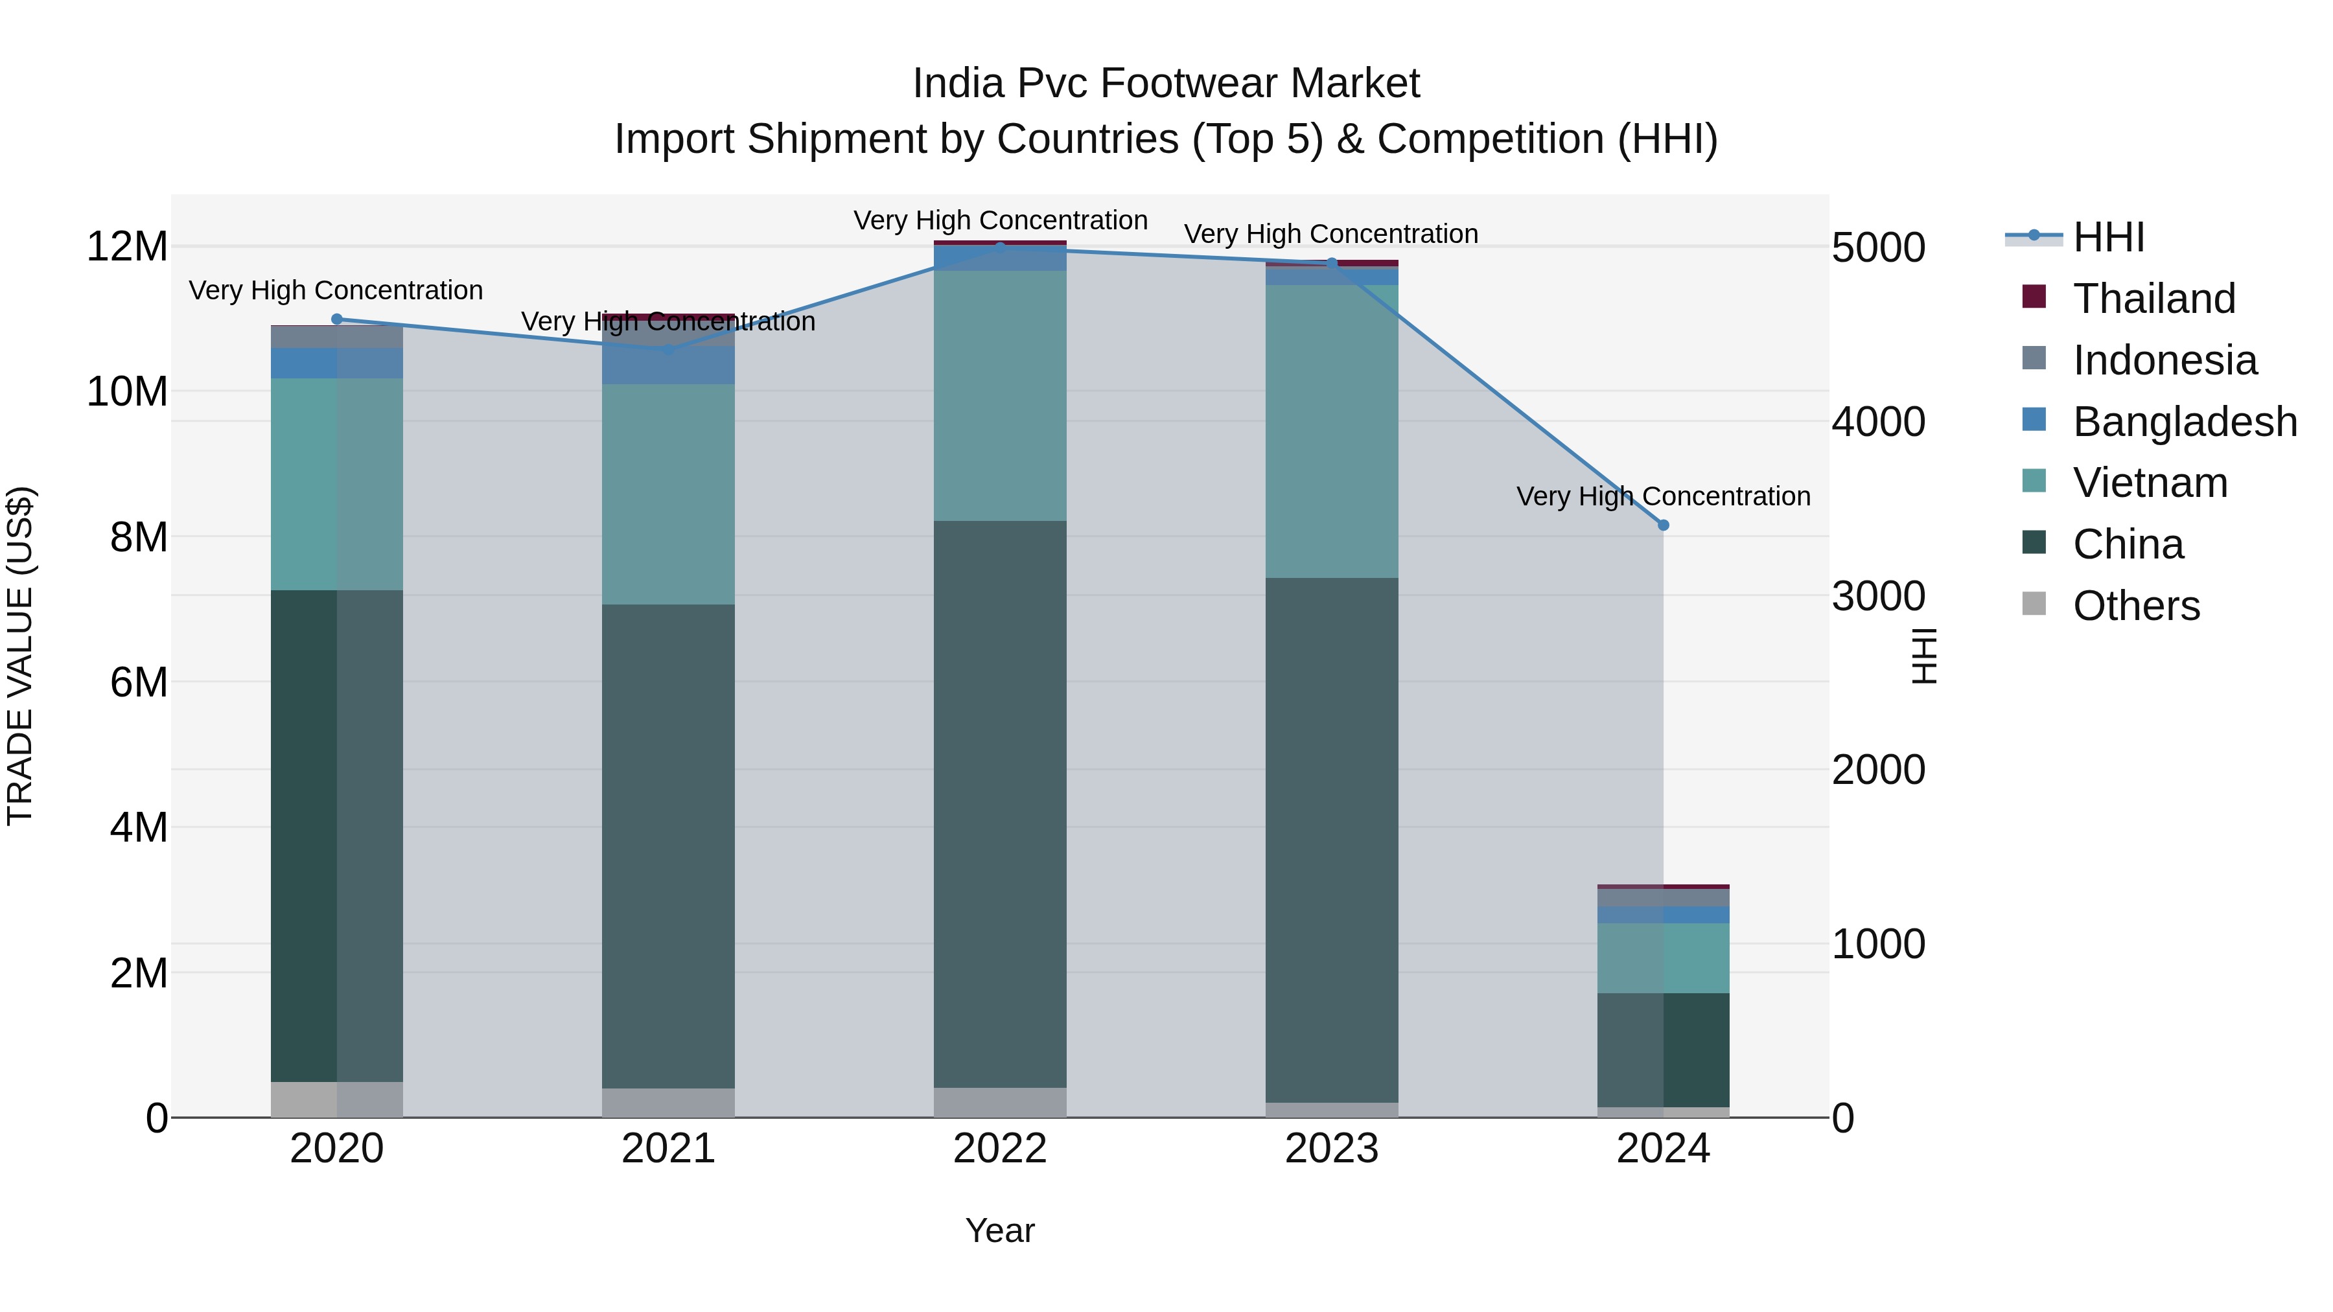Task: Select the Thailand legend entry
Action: [2153, 299]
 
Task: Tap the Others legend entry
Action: [2135, 606]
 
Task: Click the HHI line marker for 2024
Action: [1663, 525]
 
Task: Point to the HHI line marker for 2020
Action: [337, 319]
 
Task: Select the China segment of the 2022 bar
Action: [1000, 804]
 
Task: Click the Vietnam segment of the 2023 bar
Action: [1331, 431]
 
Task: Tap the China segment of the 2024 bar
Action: [1663, 1050]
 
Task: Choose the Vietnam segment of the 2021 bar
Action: [668, 494]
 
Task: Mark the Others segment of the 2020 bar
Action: [337, 1099]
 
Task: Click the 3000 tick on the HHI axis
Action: [1878, 597]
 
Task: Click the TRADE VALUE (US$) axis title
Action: [20, 656]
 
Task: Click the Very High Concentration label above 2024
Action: [1663, 496]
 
